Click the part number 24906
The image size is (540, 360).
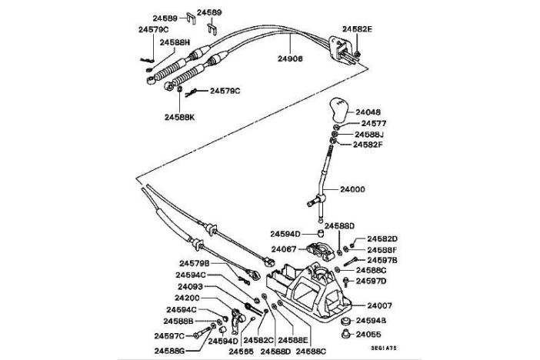[290, 57]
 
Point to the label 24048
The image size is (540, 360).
[368, 111]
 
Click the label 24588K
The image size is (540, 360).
[180, 117]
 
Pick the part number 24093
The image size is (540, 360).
[190, 287]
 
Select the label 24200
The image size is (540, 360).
[187, 298]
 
